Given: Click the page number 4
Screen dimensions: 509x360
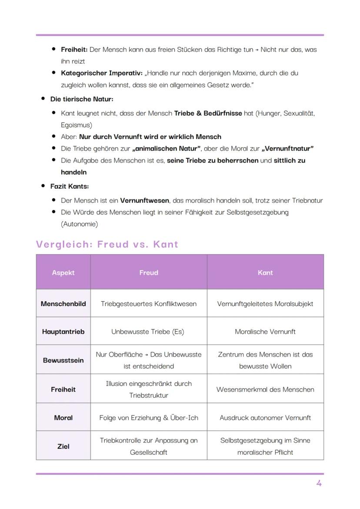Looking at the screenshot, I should [319, 483].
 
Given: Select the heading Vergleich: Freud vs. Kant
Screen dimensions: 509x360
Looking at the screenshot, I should [107, 244].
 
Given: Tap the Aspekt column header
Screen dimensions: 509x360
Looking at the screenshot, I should [63, 273].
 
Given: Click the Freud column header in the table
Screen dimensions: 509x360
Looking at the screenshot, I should [149, 273].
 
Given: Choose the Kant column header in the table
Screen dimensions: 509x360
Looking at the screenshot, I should [265, 273].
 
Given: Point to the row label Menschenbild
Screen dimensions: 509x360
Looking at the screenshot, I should [63, 304].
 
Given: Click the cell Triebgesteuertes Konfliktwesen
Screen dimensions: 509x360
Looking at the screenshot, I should [149, 304].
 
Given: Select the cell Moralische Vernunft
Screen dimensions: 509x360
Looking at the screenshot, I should [265, 332].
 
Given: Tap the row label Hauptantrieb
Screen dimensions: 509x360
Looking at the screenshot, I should [63, 332].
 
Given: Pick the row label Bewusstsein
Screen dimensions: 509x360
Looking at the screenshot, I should [63, 360].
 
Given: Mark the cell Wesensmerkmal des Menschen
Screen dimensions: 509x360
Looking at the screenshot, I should [265, 389].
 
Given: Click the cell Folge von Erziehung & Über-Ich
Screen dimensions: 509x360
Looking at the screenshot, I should [149, 418].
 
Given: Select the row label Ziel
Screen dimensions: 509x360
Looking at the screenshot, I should [63, 446].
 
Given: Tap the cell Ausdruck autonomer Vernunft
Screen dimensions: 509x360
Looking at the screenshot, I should [265, 418].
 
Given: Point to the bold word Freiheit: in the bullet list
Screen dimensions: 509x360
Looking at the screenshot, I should [74, 50].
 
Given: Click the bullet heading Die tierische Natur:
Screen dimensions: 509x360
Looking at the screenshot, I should [82, 99].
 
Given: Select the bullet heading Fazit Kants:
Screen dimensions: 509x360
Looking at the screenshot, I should [70, 186].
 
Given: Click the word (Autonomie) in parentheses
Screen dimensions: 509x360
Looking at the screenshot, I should [80, 224].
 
